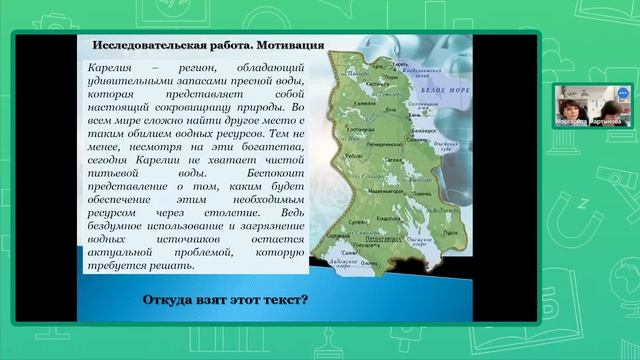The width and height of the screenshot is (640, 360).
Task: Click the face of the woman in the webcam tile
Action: tap(569, 104)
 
